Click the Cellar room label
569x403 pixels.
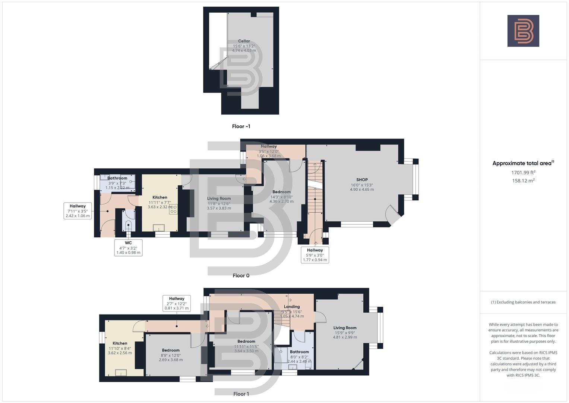244,41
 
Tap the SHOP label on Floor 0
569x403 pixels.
362,179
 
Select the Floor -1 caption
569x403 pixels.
241,126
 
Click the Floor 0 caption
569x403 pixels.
241,276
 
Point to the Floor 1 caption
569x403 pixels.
241,394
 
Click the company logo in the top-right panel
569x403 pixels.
523,31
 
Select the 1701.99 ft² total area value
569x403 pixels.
523,173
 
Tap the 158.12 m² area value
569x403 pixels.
523,181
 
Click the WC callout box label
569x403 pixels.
129,243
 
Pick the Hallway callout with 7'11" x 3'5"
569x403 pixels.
78,211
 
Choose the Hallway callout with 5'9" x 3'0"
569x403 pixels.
315,255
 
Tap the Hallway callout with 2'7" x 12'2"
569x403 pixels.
177,303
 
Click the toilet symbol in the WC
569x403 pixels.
129,225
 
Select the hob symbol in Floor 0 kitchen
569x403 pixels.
173,209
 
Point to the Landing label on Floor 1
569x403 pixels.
292,307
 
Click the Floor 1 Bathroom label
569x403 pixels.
299,352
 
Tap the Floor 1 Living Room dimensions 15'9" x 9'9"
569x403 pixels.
345,332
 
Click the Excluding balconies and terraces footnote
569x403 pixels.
523,302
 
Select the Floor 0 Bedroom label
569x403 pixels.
281,192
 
